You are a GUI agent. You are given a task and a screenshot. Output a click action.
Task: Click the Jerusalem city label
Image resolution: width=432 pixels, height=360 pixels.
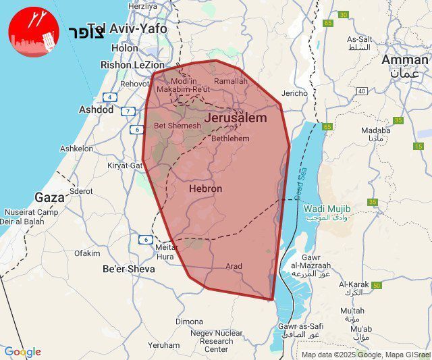[x=235, y=118]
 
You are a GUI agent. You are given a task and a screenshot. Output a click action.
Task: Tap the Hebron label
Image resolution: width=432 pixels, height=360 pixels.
[x=205, y=189]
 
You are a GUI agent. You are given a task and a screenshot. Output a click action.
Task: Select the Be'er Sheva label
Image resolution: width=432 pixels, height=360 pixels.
[x=128, y=269]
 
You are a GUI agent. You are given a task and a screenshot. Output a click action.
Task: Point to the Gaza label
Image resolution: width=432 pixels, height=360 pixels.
[x=49, y=198]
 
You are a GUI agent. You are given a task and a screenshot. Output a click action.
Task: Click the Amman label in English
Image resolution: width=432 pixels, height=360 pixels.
[x=404, y=59]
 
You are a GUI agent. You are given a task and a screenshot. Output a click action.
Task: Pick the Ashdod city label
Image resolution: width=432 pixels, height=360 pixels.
[x=97, y=109]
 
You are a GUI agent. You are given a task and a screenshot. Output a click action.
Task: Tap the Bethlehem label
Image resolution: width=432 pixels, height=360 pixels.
[x=230, y=138]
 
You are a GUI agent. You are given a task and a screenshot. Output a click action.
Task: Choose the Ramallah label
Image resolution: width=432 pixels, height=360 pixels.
[x=231, y=81]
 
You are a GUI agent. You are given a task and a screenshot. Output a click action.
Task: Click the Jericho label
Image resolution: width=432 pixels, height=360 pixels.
[x=294, y=93]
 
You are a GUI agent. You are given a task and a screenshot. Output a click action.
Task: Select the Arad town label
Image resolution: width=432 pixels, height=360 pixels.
[x=234, y=266]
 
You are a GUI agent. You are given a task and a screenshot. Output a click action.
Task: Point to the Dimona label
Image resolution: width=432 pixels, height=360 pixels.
[x=189, y=322]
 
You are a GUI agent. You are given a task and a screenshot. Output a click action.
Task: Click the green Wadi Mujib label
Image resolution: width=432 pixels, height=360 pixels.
[x=325, y=209]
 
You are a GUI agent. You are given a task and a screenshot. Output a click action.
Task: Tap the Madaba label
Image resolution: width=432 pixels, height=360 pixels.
[x=375, y=130]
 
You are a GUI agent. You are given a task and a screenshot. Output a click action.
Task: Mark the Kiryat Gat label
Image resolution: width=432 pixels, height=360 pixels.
[x=125, y=165]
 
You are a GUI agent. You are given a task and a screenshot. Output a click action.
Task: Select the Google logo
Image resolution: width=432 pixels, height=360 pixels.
[x=22, y=352]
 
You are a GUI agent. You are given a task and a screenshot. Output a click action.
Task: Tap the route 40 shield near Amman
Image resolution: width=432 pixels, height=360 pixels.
[x=362, y=91]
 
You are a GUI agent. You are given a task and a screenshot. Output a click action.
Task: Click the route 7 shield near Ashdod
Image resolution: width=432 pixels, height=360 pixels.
[x=128, y=111]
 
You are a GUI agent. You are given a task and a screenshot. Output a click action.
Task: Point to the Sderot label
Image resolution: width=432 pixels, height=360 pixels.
[x=81, y=191]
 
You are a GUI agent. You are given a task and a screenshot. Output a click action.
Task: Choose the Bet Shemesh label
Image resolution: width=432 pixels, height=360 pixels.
[x=178, y=126]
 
